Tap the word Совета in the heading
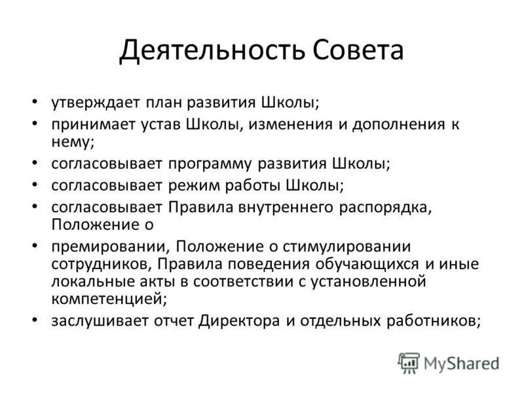pos(354,51)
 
